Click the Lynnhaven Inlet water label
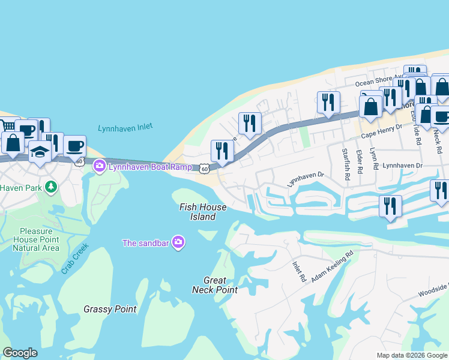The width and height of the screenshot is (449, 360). point(125,128)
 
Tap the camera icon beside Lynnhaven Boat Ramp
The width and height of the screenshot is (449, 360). point(100,166)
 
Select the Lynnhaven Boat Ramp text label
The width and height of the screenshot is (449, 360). point(150,167)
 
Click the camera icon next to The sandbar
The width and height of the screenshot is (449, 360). point(178,242)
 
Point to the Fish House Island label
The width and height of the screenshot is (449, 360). point(203,212)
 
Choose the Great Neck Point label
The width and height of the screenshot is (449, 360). point(215,285)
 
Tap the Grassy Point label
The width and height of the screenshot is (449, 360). point(110,310)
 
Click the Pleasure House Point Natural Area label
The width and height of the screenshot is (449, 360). point(40,239)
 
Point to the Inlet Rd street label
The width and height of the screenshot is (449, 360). point(299,272)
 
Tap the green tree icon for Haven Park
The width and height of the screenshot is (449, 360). point(51,187)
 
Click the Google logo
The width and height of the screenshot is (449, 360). point(20,353)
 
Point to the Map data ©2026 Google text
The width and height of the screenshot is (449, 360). point(411,355)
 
